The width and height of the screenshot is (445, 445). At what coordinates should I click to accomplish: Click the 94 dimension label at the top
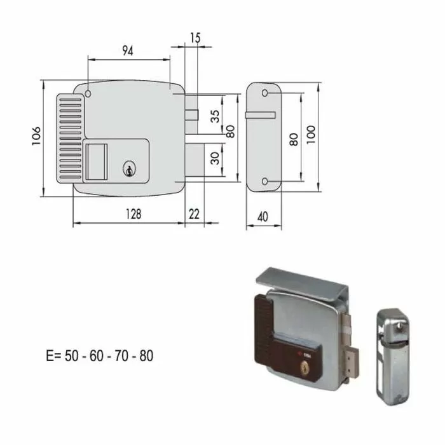click(127, 51)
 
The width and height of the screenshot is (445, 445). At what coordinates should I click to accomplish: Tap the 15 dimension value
click(195, 38)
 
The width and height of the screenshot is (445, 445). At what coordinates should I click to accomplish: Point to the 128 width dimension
click(133, 214)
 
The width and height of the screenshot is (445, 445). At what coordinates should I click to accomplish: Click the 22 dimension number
click(194, 214)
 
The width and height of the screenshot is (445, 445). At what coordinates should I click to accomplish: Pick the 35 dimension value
click(215, 116)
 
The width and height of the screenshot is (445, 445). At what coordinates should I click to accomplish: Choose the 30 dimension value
click(215, 158)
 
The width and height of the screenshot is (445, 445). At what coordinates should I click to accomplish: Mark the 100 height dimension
click(310, 135)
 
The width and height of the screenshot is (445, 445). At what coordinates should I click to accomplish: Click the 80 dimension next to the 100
click(293, 139)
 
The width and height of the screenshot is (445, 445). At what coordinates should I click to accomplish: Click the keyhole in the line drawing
click(129, 169)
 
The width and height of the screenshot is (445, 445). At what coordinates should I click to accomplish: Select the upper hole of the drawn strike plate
click(265, 93)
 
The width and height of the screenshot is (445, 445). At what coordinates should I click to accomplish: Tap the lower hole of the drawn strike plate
click(265, 182)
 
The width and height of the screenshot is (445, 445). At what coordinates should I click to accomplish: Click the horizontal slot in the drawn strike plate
click(261, 115)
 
